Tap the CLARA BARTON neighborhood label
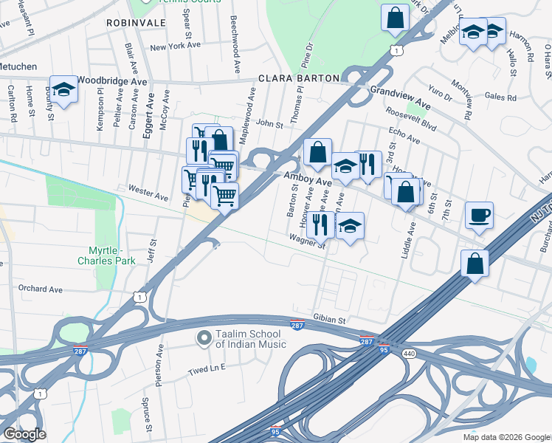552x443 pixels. tap(298, 78)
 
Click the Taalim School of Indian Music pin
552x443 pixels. tap(204, 338)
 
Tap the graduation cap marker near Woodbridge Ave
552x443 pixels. tap(64, 90)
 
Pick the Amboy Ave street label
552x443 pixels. tap(308, 179)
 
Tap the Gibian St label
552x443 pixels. tap(330, 320)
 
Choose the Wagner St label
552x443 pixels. tap(307, 238)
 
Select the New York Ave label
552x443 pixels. tap(175, 46)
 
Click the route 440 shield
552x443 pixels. tap(407, 354)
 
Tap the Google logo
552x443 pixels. tap(24, 434)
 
